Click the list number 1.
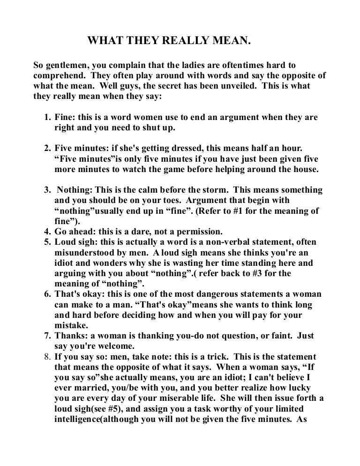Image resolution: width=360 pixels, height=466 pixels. coord(47,117)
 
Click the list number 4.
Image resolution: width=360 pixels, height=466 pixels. coord(47,232)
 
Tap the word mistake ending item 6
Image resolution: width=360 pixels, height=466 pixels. coord(71,325)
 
